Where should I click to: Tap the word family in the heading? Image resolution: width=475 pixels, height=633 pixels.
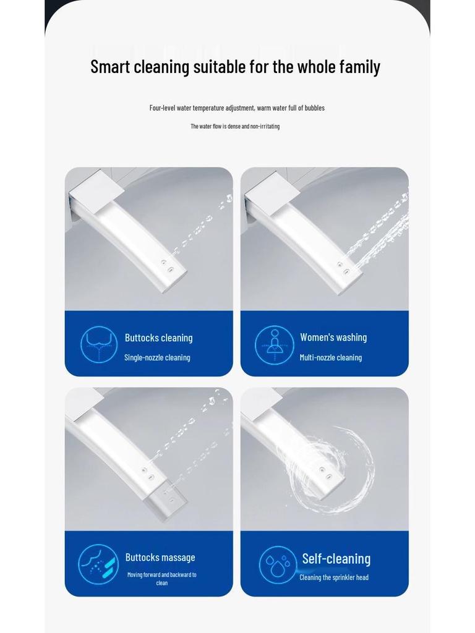pyautogui.click(x=360, y=67)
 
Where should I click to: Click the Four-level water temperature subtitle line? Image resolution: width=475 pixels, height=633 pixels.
pyautogui.click(x=237, y=108)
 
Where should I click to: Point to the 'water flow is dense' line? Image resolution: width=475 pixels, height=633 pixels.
pyautogui.click(x=235, y=127)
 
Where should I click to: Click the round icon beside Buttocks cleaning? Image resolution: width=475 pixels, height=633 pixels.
pyautogui.click(x=99, y=344)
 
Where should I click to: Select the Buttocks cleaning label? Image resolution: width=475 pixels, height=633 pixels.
pyautogui.click(x=158, y=338)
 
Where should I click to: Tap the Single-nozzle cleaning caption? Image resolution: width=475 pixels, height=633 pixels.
pyautogui.click(x=157, y=357)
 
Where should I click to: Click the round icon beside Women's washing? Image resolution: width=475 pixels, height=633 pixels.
pyautogui.click(x=274, y=344)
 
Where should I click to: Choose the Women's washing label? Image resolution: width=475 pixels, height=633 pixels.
pyautogui.click(x=333, y=338)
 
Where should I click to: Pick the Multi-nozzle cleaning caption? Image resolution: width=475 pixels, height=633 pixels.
pyautogui.click(x=331, y=357)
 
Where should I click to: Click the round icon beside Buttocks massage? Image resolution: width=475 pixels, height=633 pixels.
pyautogui.click(x=98, y=564)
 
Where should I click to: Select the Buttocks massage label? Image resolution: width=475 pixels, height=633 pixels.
pyautogui.click(x=160, y=558)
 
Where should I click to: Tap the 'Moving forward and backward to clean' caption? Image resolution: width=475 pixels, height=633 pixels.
pyautogui.click(x=162, y=579)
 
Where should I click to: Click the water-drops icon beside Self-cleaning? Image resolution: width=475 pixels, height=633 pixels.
pyautogui.click(x=278, y=564)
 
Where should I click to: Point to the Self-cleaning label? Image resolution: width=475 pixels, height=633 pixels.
pyautogui.click(x=336, y=559)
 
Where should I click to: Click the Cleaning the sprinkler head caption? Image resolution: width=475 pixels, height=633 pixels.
pyautogui.click(x=334, y=577)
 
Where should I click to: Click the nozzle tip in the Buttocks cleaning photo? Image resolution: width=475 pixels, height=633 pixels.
pyautogui.click(x=168, y=270)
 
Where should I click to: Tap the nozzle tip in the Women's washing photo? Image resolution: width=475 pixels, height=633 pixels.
pyautogui.click(x=344, y=270)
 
